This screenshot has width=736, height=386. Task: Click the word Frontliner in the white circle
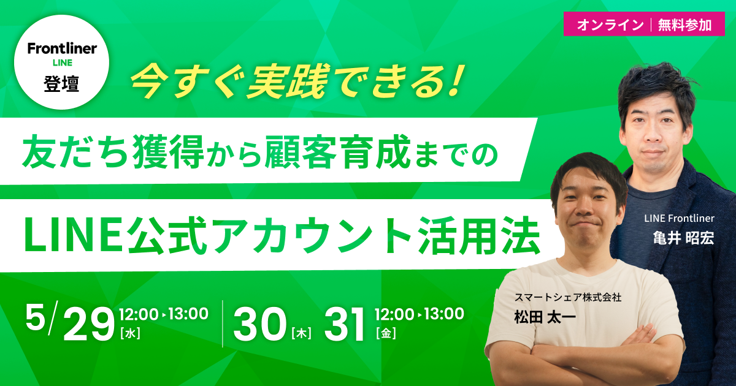pos(61,49)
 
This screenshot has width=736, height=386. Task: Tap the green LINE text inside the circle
pos(61,63)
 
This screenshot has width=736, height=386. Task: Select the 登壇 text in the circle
pos(61,83)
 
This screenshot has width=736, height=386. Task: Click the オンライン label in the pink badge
pos(606,25)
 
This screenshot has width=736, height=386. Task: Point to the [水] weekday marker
pos(130,334)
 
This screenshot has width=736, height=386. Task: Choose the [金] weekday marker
pos(386,334)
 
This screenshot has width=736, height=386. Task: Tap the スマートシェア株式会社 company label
pos(568,297)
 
